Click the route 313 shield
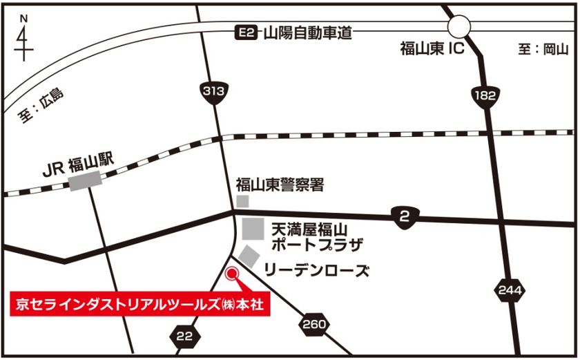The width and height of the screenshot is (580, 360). [x=215, y=91]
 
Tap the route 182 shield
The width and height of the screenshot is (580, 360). [x=485, y=95]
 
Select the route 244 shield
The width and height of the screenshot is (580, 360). [x=508, y=290]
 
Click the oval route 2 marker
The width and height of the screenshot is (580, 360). [x=405, y=217]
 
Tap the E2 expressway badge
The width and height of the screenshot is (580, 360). [x=246, y=32]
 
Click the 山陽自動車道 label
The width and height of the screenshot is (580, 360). [x=307, y=32]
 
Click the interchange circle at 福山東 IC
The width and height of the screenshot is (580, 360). [x=458, y=26]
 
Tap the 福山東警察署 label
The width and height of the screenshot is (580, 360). [x=280, y=185]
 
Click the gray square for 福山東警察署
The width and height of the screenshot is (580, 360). [x=242, y=200]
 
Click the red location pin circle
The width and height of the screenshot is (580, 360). [x=232, y=274]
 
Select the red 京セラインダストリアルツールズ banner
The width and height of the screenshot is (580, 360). [x=137, y=303]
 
